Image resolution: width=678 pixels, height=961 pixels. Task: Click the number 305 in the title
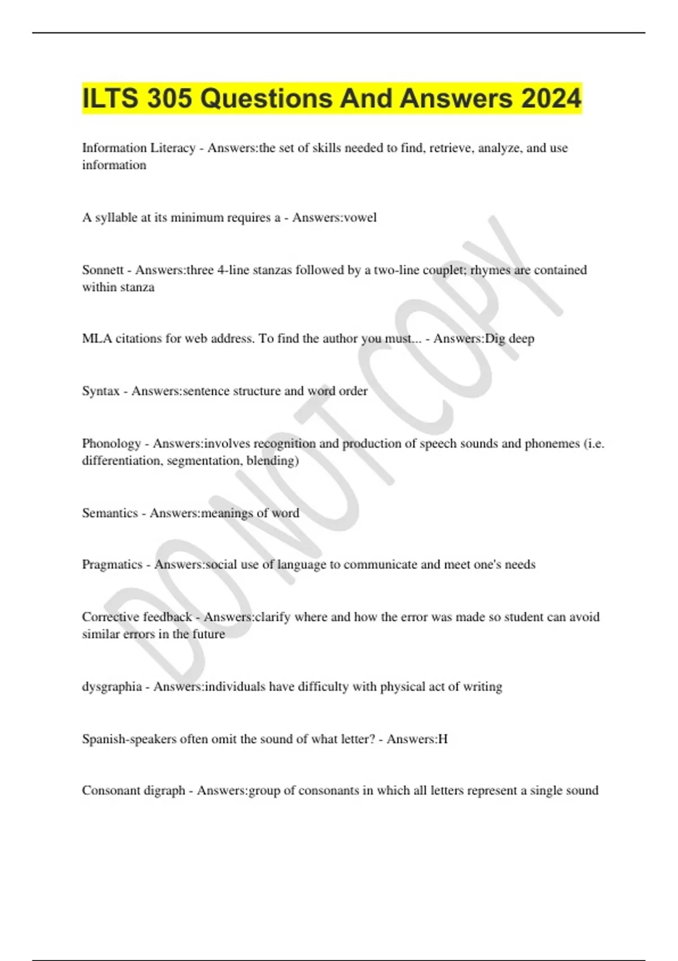point(169,99)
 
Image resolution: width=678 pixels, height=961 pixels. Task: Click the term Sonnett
point(103,270)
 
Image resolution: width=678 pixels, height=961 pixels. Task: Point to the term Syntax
point(101,391)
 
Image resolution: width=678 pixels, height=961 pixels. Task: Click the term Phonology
point(111,444)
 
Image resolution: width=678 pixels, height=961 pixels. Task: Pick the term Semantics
point(110,513)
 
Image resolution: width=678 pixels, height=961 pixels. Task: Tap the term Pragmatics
point(112,565)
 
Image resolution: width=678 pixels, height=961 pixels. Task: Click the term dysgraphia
point(111,687)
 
